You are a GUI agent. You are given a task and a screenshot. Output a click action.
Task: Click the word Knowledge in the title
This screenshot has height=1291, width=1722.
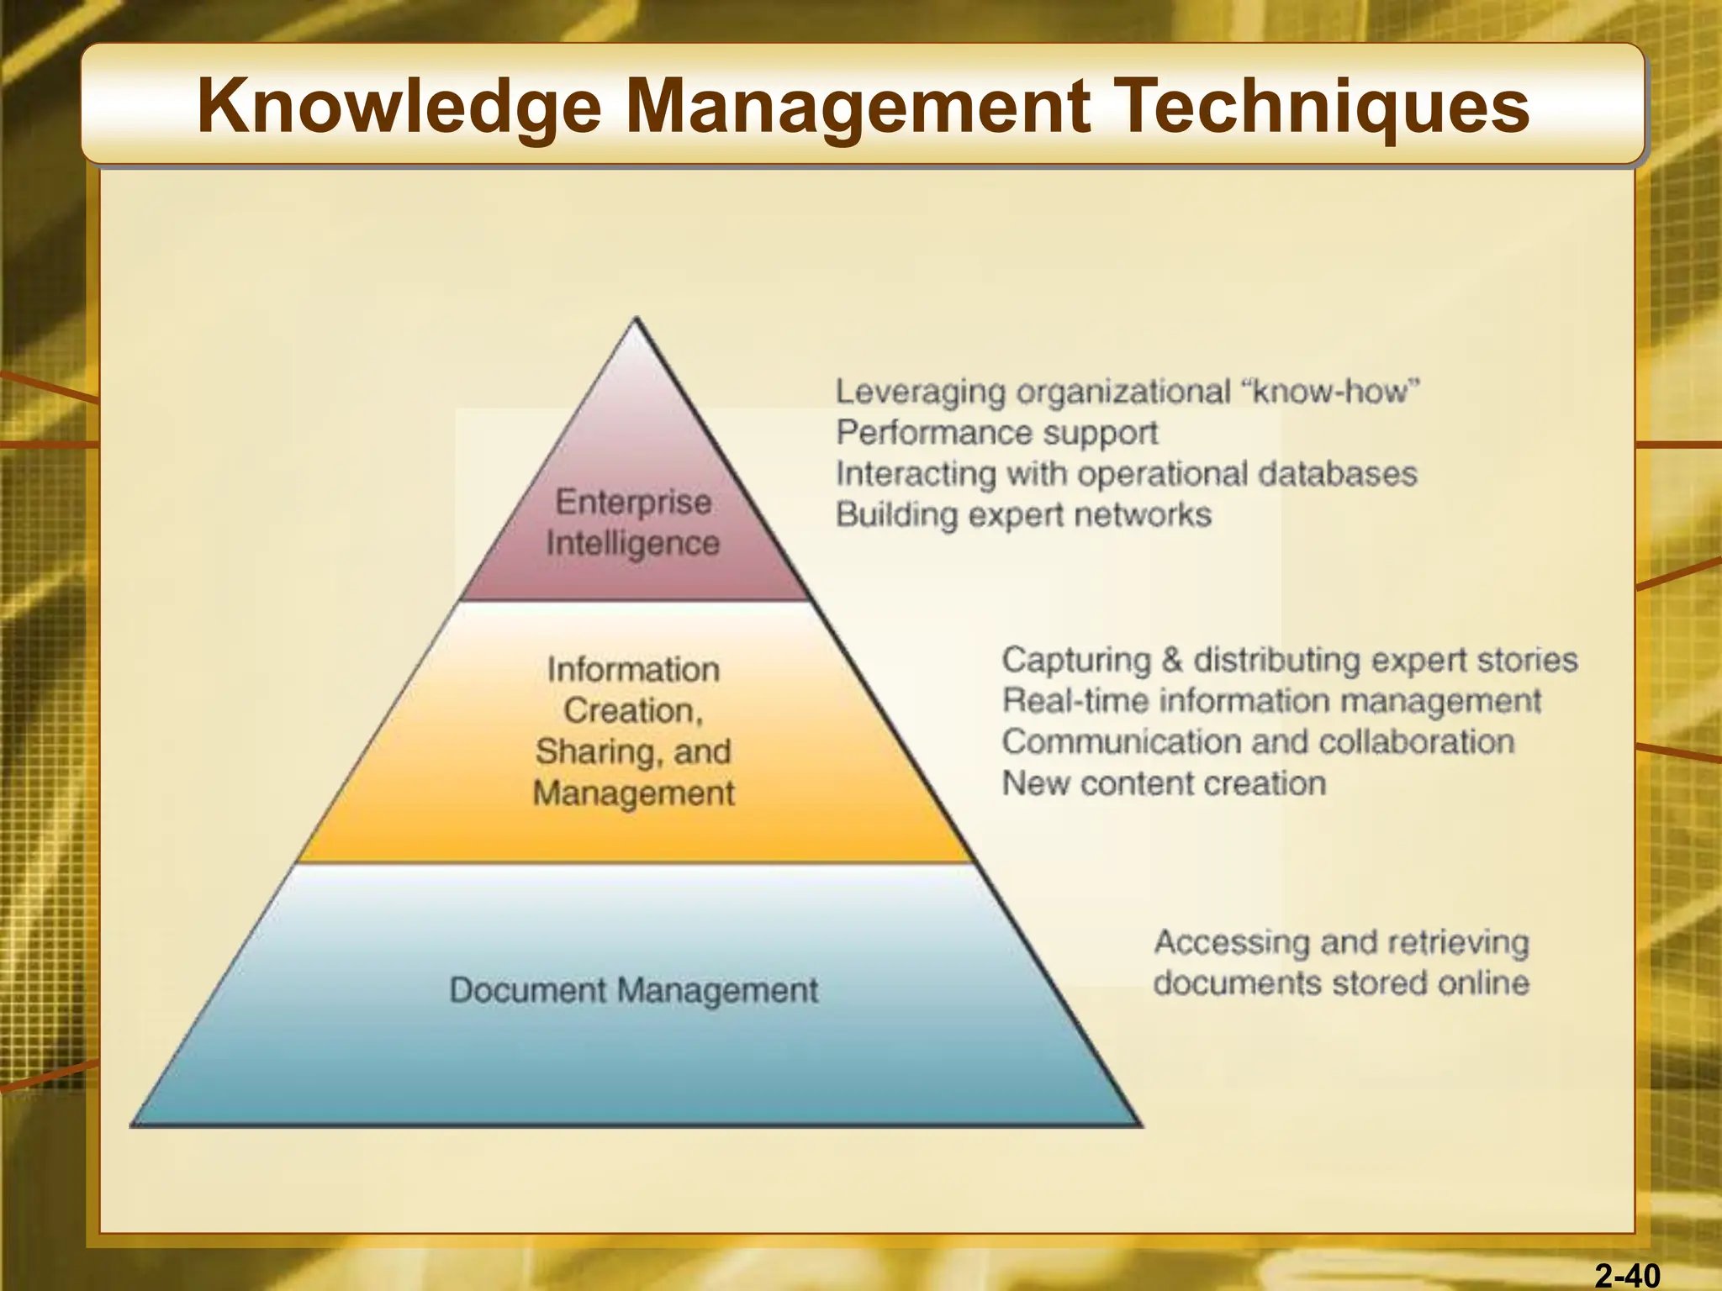click(399, 107)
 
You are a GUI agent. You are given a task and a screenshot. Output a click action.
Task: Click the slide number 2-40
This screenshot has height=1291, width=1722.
click(1628, 1276)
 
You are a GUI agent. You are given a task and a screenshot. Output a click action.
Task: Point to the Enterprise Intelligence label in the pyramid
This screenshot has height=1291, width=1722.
click(633, 523)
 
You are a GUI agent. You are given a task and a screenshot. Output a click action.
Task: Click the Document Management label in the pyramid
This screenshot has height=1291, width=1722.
click(633, 990)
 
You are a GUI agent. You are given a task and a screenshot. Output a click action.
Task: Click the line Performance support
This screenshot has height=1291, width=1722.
click(996, 433)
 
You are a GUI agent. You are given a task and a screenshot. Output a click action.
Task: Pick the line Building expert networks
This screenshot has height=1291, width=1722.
click(1023, 514)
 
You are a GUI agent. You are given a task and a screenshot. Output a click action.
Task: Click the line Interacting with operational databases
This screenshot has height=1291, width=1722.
click(1126, 474)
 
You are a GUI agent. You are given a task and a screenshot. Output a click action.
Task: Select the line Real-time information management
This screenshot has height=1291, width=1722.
click(1271, 701)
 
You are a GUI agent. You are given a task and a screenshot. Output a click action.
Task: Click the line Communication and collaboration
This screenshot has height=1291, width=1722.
click(1258, 742)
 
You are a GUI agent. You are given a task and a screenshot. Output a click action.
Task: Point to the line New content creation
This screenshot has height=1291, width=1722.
click(1164, 783)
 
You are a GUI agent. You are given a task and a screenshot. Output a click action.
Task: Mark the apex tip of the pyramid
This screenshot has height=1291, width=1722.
click(637, 319)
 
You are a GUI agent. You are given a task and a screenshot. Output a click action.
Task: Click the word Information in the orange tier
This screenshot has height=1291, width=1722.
click(633, 670)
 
